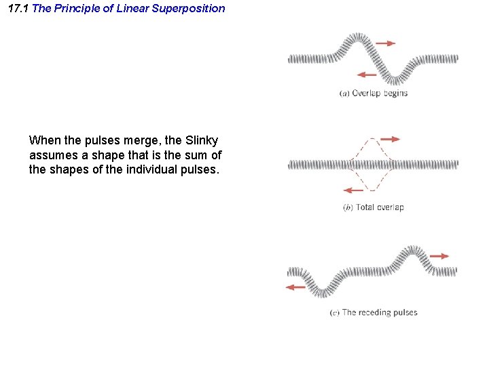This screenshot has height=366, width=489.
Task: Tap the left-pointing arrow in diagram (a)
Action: (x=367, y=74)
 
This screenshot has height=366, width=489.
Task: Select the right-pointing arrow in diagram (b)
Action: (x=390, y=139)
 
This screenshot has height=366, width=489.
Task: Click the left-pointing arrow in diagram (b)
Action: (x=353, y=190)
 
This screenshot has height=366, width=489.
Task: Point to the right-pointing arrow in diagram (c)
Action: (x=440, y=256)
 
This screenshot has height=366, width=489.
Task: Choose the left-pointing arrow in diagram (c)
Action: (x=295, y=287)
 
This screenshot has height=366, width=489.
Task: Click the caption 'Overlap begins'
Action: (x=373, y=93)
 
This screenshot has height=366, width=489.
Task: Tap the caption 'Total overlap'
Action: (x=373, y=207)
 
